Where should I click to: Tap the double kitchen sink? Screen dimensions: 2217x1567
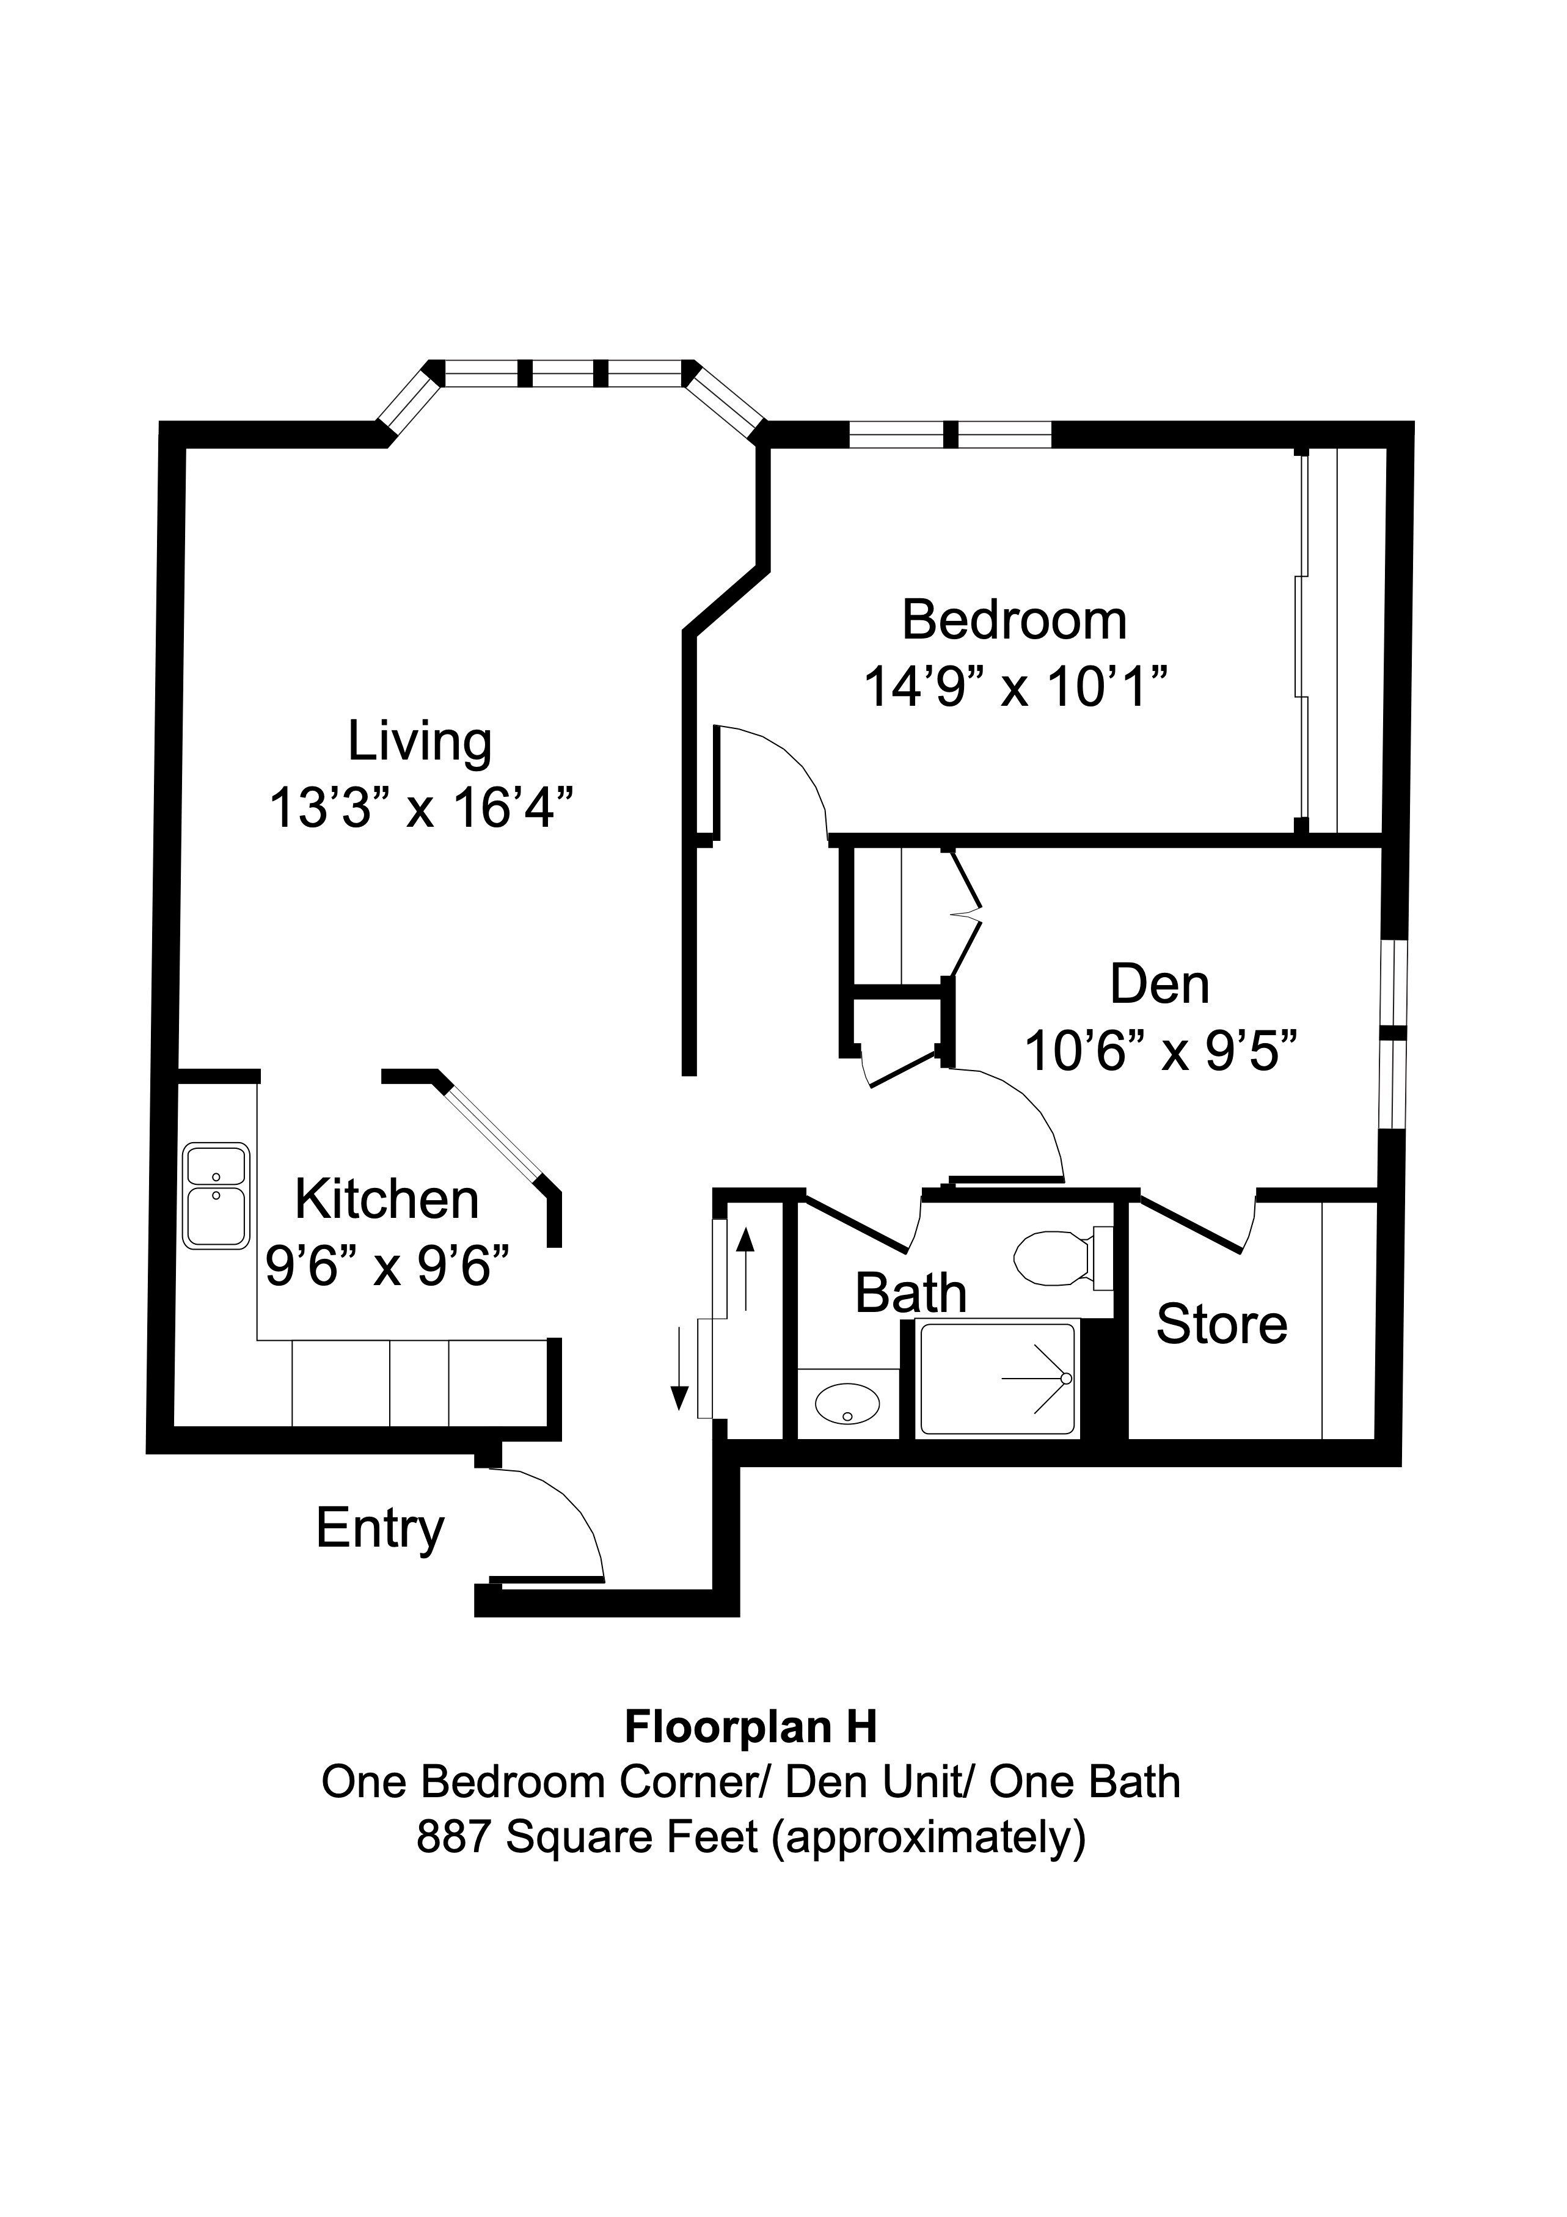pyautogui.click(x=216, y=1196)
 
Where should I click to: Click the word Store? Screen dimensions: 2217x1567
pyautogui.click(x=1221, y=1324)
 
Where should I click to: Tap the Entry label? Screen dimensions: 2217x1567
pyautogui.click(x=379, y=1528)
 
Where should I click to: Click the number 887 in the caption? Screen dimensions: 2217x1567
pyautogui.click(x=453, y=1836)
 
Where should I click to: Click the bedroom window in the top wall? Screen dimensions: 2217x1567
pyautogui.click(x=950, y=434)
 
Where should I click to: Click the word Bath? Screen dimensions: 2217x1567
pyautogui.click(x=910, y=1293)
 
